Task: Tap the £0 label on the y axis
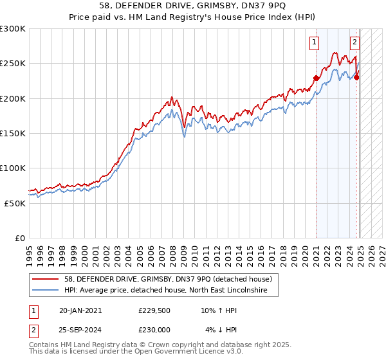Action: [x=20, y=238]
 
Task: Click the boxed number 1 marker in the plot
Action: [x=315, y=43]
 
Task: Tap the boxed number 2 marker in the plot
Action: [x=354, y=43]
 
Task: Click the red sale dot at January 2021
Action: [x=316, y=78]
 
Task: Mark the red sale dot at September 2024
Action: [x=356, y=78]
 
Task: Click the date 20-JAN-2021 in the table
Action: [x=80, y=310]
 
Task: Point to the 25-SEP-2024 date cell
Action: [x=80, y=330]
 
